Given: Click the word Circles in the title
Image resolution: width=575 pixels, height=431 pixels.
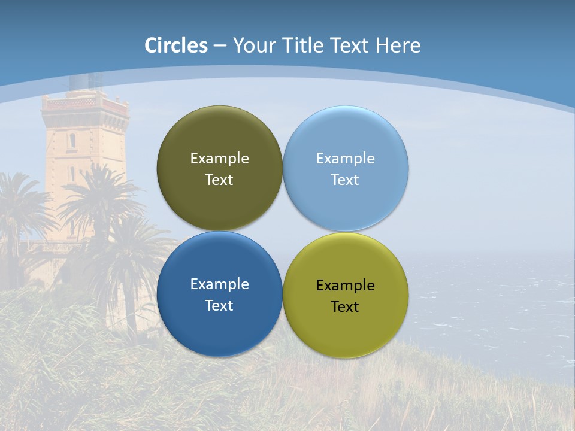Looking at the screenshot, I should coord(176,45).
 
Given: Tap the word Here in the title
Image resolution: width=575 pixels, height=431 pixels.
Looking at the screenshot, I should coord(398,45).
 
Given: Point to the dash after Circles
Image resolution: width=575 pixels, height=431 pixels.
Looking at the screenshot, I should coord(220,46).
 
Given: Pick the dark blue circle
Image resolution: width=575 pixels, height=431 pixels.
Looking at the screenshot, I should coord(219,329).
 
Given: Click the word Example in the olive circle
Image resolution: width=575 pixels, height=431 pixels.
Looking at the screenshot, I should coord(219,159).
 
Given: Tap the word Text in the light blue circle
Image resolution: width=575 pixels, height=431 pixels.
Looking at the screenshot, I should coord(345,180).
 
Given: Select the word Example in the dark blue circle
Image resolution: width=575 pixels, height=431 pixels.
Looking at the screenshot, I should coord(219,284).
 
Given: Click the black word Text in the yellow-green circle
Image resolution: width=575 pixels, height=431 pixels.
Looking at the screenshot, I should coord(345,307).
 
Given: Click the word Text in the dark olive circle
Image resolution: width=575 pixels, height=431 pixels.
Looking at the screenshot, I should coord(219,180).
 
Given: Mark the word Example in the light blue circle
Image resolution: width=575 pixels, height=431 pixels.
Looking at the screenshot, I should coord(345,159).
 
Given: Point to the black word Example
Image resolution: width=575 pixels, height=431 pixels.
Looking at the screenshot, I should coord(345,286).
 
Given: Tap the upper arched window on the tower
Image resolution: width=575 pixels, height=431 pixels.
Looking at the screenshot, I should coord(72,141).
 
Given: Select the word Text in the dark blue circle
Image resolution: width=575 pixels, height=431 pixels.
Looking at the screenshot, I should coord(219,306).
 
